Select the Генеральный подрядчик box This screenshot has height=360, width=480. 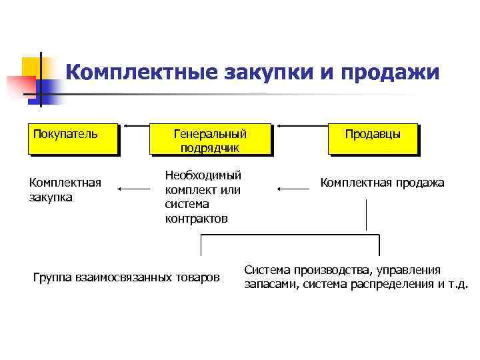coord(213,139)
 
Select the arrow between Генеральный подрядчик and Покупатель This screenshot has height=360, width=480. coord(138,125)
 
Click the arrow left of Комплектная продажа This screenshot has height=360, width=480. coord(293,189)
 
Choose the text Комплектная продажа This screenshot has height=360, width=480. coord(382,183)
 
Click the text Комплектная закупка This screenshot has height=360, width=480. coord(65,189)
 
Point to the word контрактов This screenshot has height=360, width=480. coord(196,219)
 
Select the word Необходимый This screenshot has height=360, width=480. coord(203,175)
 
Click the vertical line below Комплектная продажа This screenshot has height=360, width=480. coord(366,215)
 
